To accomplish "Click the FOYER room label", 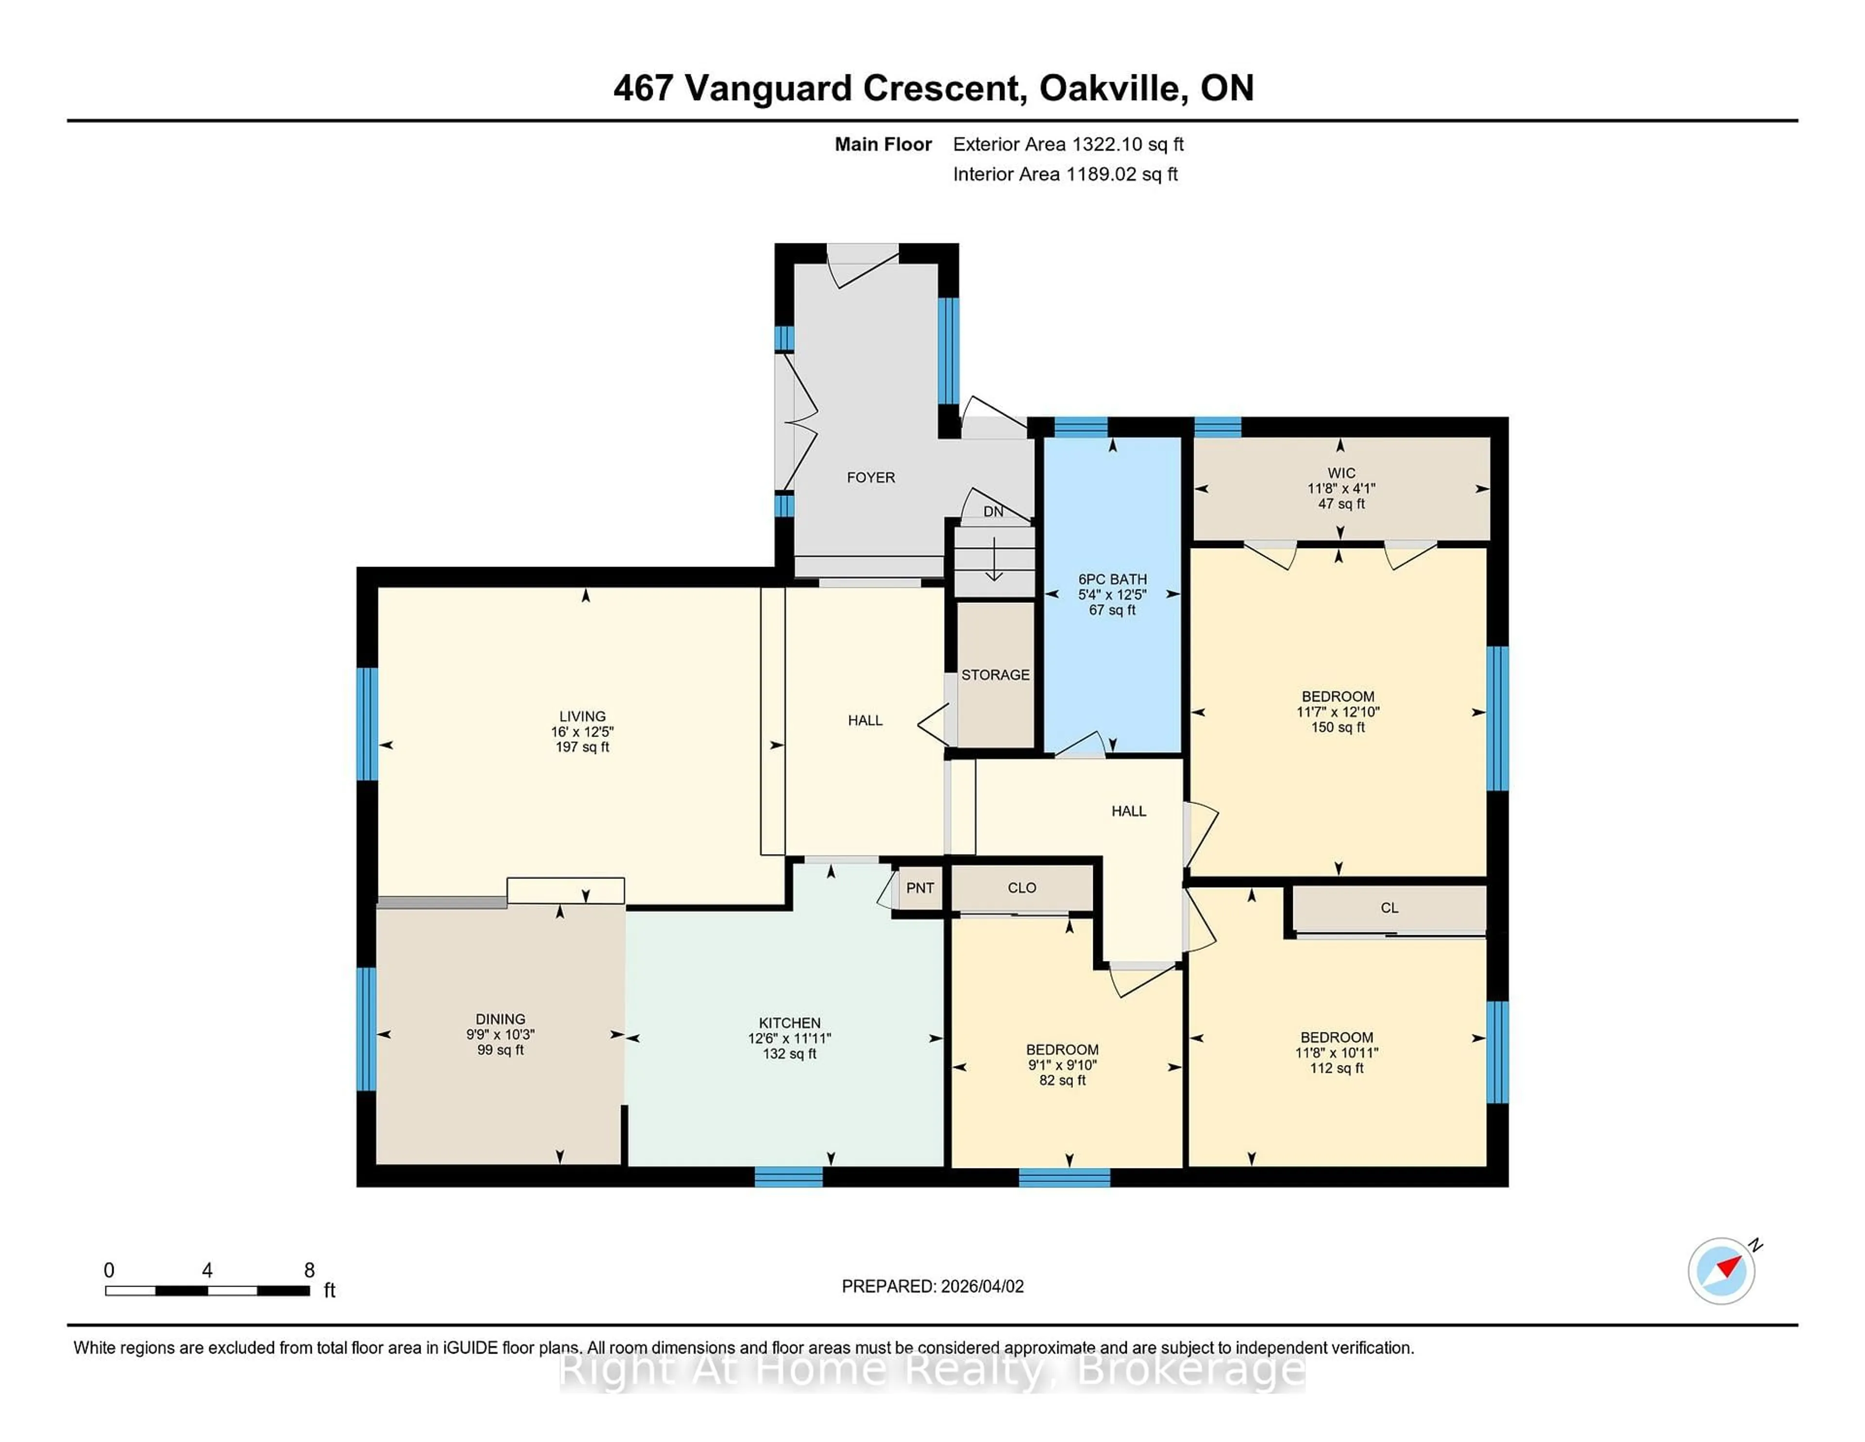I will tap(870, 478).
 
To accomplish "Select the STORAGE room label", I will tap(995, 675).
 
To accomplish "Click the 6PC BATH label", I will tap(1112, 579).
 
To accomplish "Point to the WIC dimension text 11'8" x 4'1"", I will tap(1340, 489).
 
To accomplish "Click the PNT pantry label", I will tap(920, 888).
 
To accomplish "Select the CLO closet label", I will tap(1021, 888).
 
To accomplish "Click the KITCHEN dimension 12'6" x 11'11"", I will tap(789, 1038).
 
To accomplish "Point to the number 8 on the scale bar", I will tap(309, 1270).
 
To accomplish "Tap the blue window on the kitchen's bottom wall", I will tap(788, 1177).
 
